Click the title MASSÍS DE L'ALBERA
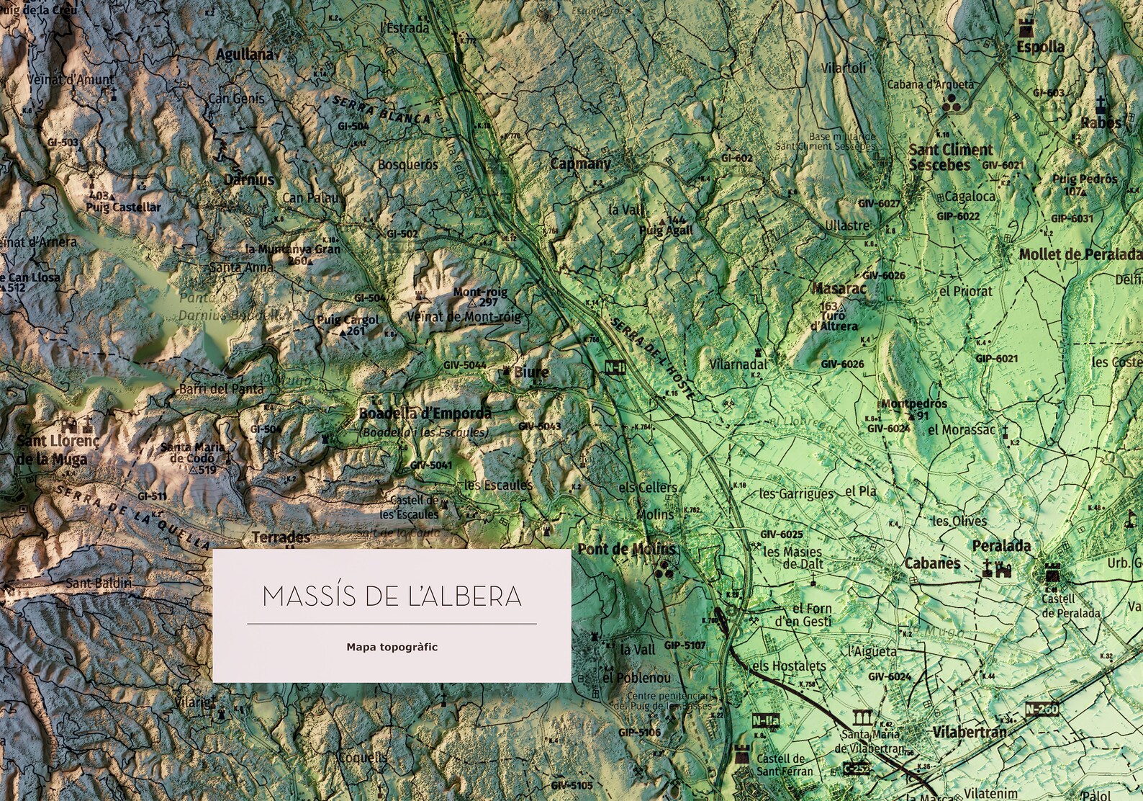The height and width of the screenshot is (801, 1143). [392, 596]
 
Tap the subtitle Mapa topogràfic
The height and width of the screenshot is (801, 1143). [392, 647]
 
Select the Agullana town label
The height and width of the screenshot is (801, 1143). [245, 54]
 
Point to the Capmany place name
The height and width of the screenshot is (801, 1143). [580, 164]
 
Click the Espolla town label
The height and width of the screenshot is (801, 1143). [1040, 47]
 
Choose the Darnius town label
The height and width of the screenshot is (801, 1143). [249, 179]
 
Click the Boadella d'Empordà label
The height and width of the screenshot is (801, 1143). [425, 413]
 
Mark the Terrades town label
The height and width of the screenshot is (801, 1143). [281, 537]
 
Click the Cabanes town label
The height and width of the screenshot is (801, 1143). [932, 563]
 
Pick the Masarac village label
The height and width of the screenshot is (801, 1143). [839, 289]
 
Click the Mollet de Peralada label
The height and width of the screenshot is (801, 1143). [1080, 254]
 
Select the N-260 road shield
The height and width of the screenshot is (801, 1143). [1042, 710]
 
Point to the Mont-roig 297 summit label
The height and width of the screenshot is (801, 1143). [480, 297]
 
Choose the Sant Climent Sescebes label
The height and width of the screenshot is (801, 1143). [950, 157]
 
